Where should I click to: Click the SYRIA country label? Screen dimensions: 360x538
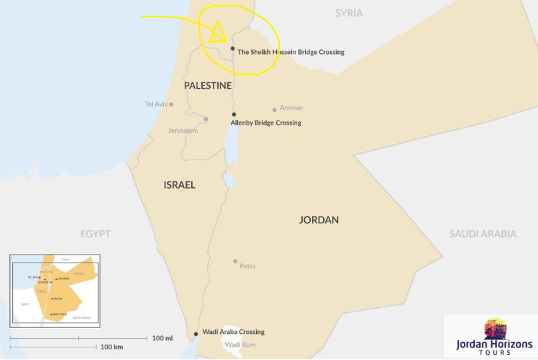pyautogui.click(x=349, y=13)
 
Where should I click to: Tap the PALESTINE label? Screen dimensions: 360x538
pyautogui.click(x=207, y=85)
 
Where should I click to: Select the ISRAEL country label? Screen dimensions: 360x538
pyautogui.click(x=179, y=185)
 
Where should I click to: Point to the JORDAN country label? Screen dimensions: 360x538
pyautogui.click(x=319, y=220)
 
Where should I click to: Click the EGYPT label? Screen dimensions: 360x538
pyautogui.click(x=95, y=234)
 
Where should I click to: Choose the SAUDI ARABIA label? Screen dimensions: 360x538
pyautogui.click(x=483, y=234)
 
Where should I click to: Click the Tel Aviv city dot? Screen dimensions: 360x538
pyautogui.click(x=171, y=104)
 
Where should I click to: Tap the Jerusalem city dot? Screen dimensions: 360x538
pyautogui.click(x=206, y=119)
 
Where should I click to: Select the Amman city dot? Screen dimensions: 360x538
pyautogui.click(x=274, y=110)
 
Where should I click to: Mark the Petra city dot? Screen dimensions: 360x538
pyautogui.click(x=235, y=261)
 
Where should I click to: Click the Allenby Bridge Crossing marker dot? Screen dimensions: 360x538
pyautogui.click(x=234, y=115)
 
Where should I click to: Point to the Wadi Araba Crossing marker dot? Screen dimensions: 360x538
pyautogui.click(x=196, y=333)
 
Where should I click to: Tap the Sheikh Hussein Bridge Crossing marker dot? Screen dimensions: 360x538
pyautogui.click(x=233, y=48)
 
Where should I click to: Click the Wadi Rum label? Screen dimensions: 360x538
pyautogui.click(x=240, y=345)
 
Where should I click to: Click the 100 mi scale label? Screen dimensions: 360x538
pyautogui.click(x=162, y=338)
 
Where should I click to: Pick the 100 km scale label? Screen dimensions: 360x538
pyautogui.click(x=111, y=347)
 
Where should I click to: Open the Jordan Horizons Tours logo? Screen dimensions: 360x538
pyautogui.click(x=494, y=337)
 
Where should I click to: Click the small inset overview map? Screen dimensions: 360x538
pyautogui.click(x=55, y=291)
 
